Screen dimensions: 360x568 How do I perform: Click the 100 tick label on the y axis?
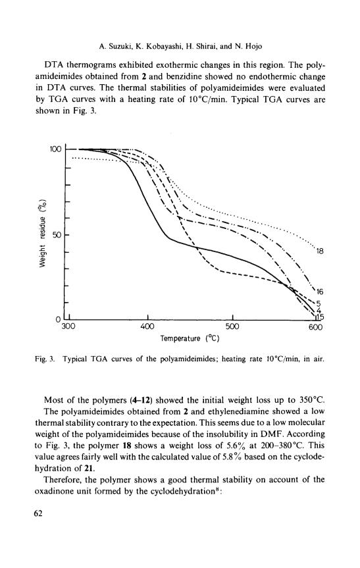56,149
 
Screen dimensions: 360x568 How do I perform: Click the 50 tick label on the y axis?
57,235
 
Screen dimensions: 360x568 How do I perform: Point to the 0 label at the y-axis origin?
58,320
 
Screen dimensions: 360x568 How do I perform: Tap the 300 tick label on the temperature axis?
68,326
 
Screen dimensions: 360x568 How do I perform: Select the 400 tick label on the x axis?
147,326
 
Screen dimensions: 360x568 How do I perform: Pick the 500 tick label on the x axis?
232,326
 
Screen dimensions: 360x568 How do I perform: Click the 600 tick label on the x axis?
316,327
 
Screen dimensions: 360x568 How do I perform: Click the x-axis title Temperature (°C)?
190,339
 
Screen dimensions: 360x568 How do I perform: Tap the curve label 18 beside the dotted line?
319,251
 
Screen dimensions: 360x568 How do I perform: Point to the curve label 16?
319,292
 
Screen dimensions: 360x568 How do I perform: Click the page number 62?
38,513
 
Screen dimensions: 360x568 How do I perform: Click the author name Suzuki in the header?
117,46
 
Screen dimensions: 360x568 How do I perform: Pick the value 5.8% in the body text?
232,457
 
